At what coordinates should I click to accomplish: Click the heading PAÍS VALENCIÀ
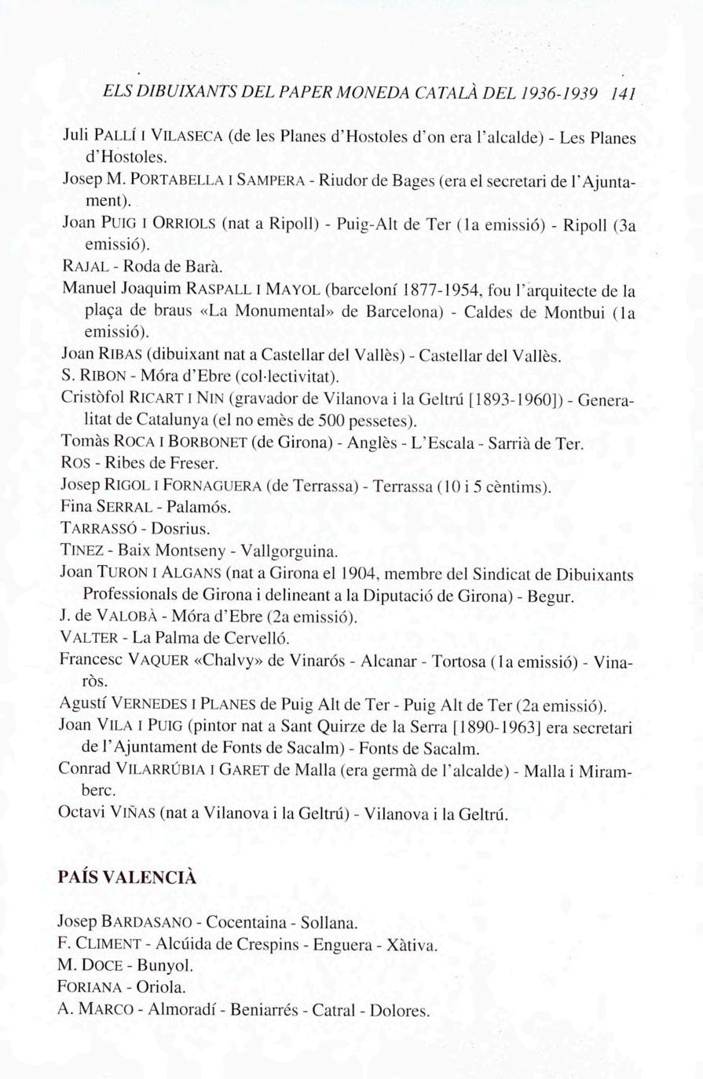[126, 877]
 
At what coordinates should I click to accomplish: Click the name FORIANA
[91, 988]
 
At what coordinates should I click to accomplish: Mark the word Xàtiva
[412, 944]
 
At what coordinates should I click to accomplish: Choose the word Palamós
[199, 508]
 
